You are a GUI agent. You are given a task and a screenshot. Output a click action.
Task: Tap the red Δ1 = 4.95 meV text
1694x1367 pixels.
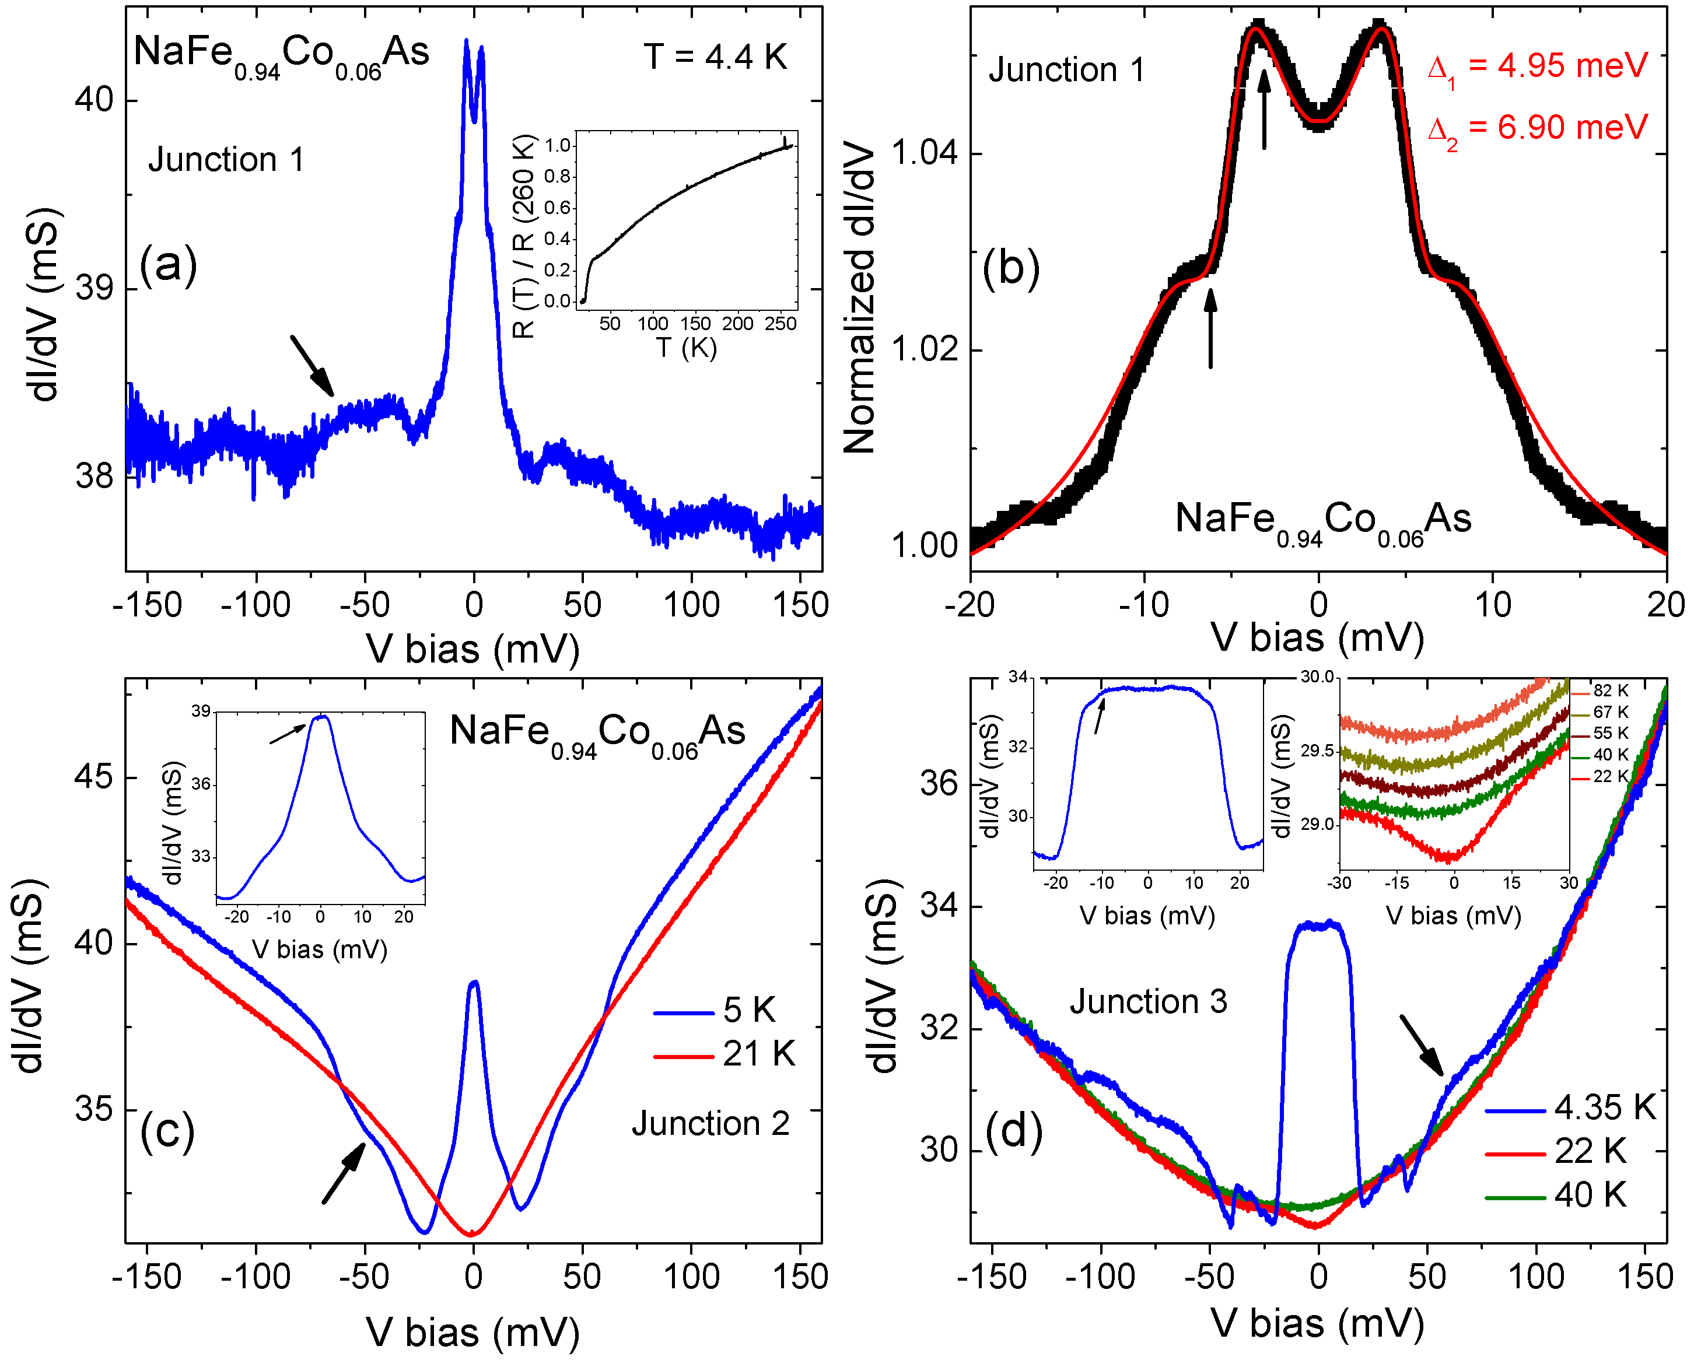coord(1536,68)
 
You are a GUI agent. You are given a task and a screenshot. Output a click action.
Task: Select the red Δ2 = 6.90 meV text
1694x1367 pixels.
coord(1536,129)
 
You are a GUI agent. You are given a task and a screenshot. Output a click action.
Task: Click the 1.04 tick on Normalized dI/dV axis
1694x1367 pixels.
coord(923,152)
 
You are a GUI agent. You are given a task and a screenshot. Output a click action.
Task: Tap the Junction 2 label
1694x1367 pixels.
coord(710,1124)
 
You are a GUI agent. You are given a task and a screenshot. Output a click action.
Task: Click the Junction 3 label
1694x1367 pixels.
coord(1147,1001)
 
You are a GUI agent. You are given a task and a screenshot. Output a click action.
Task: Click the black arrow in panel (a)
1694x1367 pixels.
coord(312,366)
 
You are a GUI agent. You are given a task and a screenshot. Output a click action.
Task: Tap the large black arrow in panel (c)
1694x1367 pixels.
coord(344,1173)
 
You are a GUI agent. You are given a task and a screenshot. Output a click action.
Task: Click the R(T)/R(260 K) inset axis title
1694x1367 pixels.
coord(524,236)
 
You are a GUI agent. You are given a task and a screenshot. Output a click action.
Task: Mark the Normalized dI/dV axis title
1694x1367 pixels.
coord(859,299)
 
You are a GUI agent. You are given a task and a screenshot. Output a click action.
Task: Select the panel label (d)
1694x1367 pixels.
coord(1014,1131)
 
